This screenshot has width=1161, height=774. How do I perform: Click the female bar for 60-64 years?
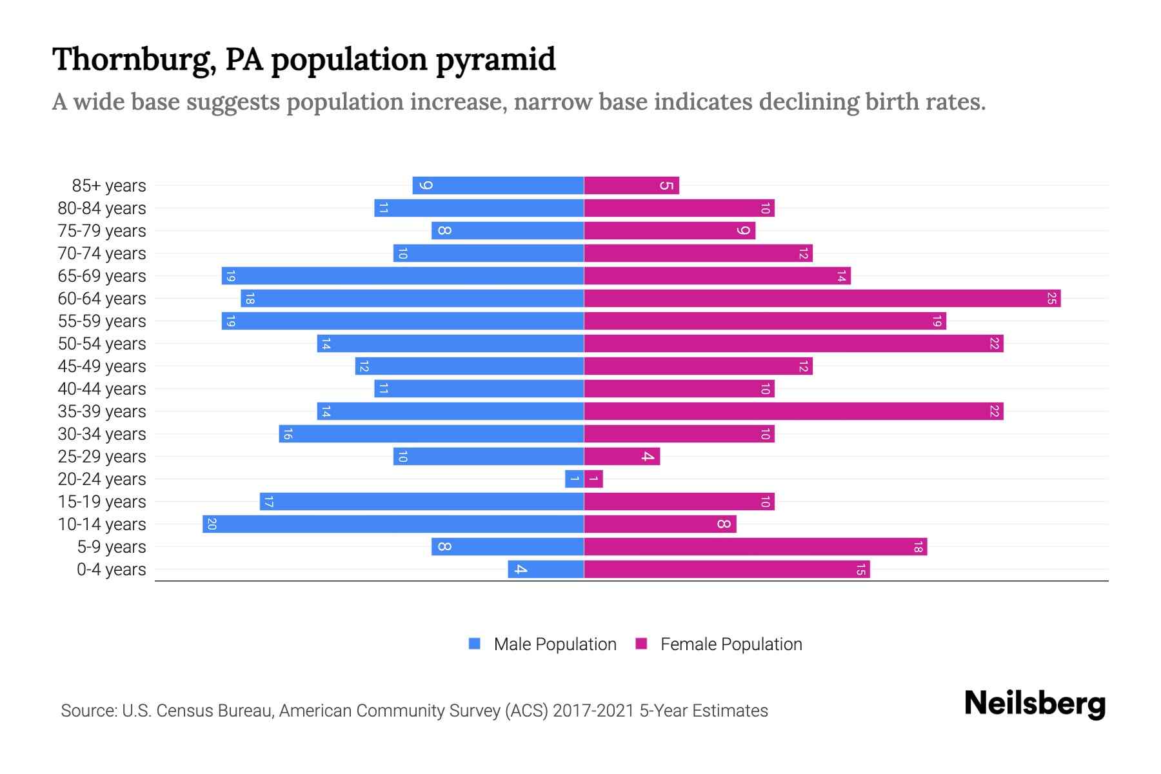pos(822,299)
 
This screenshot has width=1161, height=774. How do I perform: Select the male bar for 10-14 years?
pos(393,524)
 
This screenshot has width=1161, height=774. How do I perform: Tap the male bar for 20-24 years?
pos(574,479)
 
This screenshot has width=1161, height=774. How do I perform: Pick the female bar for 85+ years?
pos(631,186)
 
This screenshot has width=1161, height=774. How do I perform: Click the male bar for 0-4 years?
pos(546,570)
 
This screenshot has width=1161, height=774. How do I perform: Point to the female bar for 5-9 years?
pos(755,547)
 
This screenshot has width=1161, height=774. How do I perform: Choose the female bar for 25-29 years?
pos(622,457)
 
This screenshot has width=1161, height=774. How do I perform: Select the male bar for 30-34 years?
pos(432,434)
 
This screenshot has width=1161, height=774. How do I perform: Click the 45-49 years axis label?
pos(102,366)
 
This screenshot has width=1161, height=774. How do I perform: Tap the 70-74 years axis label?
pos(102,253)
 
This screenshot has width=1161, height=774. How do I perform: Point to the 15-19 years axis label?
pos(102,502)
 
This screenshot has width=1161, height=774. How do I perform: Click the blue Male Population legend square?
pos(475,644)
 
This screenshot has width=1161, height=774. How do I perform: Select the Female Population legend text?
pos(731,644)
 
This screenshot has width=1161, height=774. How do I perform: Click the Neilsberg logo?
pos(1035,704)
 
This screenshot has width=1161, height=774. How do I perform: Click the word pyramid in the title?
pos(495,60)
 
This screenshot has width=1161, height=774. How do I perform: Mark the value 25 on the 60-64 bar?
pos(1051,299)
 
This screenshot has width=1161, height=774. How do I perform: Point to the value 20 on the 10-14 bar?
pos(212,524)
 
